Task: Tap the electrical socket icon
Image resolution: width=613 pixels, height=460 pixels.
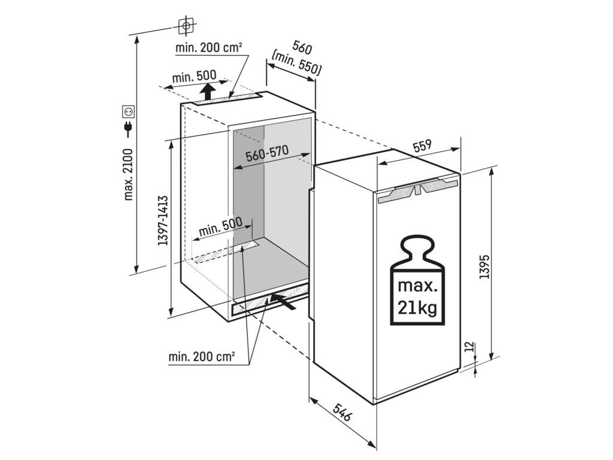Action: pyautogui.click(x=128, y=111)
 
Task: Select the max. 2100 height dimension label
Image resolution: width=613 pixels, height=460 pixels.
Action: pyautogui.click(x=129, y=174)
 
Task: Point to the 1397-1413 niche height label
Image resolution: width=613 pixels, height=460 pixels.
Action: pyautogui.click(x=162, y=221)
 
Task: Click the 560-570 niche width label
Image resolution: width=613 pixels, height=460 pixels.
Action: pyautogui.click(x=268, y=154)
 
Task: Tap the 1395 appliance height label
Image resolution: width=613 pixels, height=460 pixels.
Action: pyautogui.click(x=485, y=266)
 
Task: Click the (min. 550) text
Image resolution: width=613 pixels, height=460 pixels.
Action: pyautogui.click(x=297, y=64)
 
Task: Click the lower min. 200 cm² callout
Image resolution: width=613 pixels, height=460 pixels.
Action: pyautogui.click(x=202, y=358)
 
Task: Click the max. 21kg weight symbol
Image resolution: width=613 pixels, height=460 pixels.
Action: pyautogui.click(x=418, y=282)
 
